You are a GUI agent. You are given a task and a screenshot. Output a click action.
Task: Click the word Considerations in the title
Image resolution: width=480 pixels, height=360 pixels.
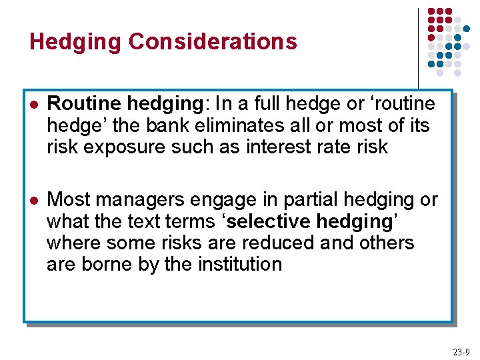pos(213,41)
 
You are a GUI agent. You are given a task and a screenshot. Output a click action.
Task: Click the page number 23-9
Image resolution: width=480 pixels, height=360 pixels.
pos(461,351)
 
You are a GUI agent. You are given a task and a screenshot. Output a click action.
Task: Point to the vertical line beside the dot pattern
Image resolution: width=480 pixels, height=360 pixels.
pos(418,47)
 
